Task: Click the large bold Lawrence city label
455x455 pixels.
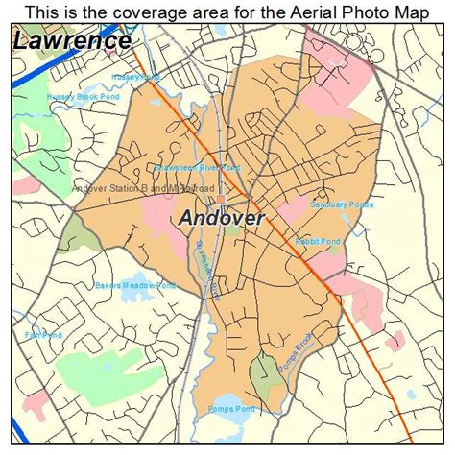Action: tap(73, 41)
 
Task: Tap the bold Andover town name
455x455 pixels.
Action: tap(222, 218)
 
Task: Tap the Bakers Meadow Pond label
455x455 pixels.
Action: tap(135, 285)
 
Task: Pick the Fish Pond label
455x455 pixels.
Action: tap(43, 335)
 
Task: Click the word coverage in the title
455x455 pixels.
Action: tap(145, 11)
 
